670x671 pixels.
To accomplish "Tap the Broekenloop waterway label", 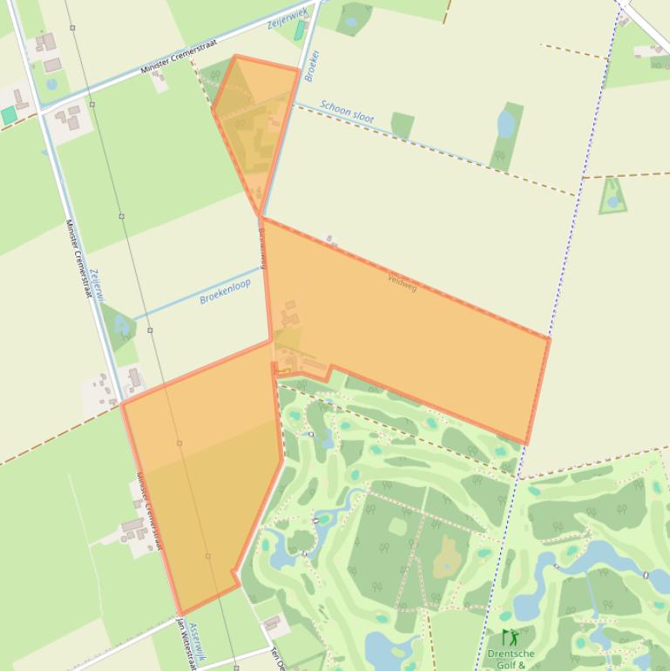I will pos(225,291).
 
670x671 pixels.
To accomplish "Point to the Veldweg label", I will pos(402,281).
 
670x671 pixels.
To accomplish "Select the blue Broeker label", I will pos(312,65).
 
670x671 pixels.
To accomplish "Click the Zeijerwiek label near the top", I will pos(288,15).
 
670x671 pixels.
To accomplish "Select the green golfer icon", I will pos(509,637).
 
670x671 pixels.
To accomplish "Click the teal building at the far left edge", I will pos(9,115).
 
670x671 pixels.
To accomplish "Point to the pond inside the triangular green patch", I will pos(613,201).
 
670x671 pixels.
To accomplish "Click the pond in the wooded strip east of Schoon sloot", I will pos(506,123).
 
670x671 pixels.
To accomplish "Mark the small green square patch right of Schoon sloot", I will pos(402,125).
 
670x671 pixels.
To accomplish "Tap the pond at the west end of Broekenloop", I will pos(120,327).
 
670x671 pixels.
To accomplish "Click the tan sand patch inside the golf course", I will pos(448,555).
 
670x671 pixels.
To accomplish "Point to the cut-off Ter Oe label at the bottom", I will pos(278,658).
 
